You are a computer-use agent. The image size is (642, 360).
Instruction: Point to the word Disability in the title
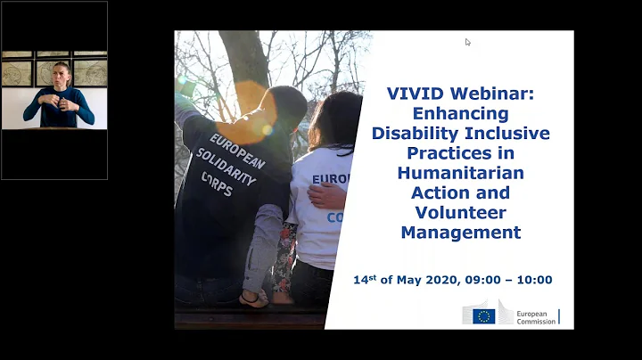[x=416, y=134]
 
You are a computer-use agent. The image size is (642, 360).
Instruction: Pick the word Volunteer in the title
[x=460, y=213]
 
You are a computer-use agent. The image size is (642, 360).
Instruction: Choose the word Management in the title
[x=460, y=233]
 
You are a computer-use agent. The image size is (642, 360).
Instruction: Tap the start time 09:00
[x=484, y=280]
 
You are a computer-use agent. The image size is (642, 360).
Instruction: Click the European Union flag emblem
[x=484, y=315]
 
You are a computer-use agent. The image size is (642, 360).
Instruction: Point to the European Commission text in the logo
[x=534, y=315]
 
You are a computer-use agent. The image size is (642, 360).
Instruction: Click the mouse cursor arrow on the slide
[x=468, y=42]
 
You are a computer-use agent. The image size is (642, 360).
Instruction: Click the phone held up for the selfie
[x=187, y=86]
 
